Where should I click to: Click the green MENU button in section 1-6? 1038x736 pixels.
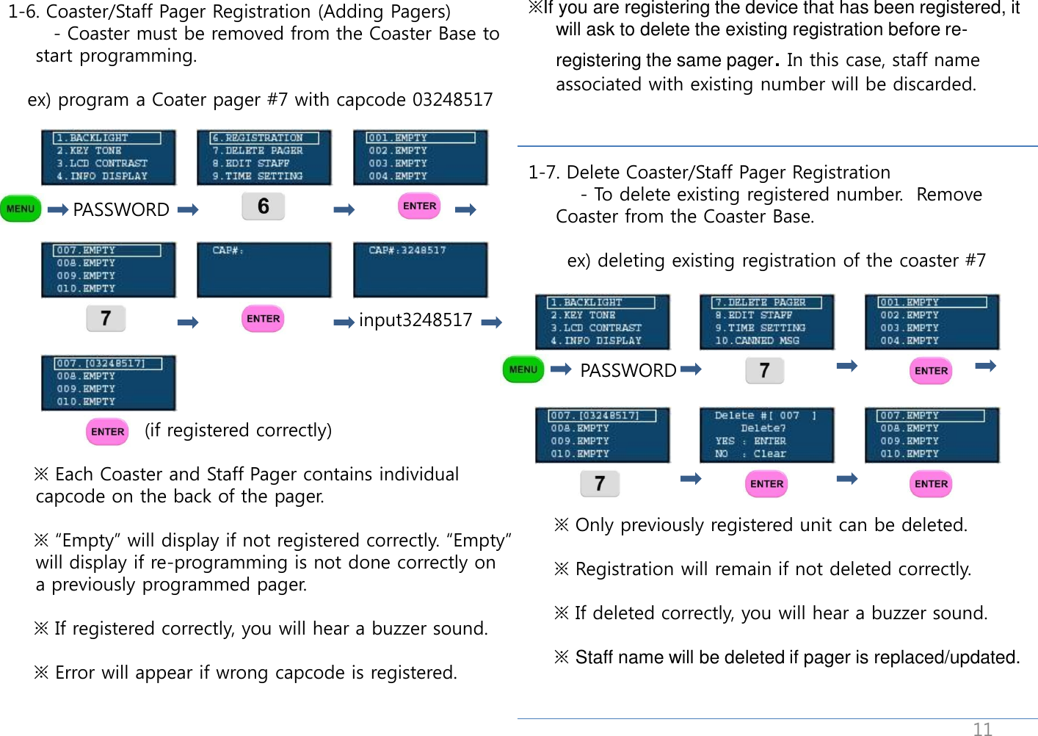click(21, 209)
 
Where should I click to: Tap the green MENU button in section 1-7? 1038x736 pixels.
click(523, 369)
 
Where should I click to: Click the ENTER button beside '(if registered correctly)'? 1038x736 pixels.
click(107, 432)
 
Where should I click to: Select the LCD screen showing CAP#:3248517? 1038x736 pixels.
click(421, 270)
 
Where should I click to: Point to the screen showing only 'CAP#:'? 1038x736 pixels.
click(264, 270)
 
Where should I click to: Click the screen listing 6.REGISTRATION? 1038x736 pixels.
click(264, 157)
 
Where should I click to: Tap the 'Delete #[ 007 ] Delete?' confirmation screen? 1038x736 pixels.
click(766, 435)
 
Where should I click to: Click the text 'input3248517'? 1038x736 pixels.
click(415, 320)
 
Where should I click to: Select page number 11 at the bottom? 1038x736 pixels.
click(982, 729)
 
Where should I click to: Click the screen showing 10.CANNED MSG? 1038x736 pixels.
click(766, 322)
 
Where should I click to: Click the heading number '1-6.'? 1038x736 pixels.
click(24, 12)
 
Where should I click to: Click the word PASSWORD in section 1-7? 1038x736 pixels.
click(628, 371)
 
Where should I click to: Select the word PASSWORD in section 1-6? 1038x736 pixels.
click(121, 210)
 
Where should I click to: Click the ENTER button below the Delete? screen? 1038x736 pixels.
click(766, 484)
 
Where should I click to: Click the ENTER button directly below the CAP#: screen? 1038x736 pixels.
click(263, 319)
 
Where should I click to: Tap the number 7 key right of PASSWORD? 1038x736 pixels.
click(764, 370)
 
